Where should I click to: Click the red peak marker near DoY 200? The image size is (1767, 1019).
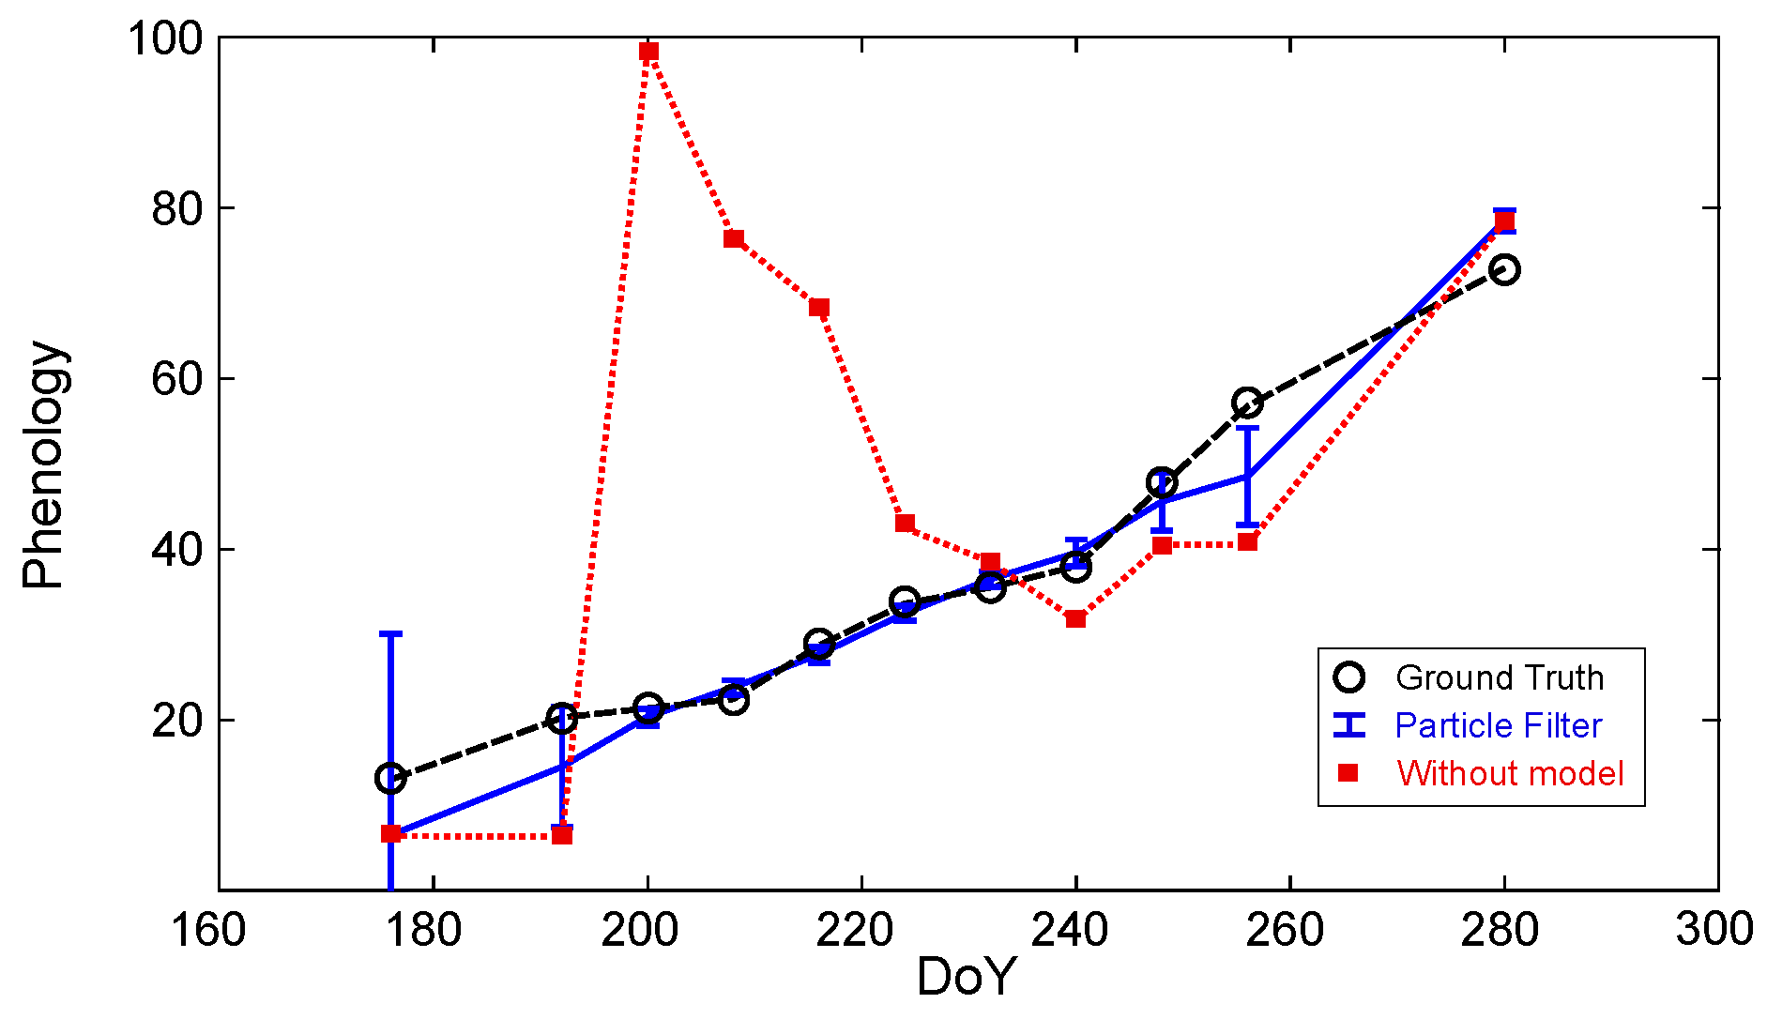pos(648,52)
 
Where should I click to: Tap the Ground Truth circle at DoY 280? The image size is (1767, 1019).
pos(1504,270)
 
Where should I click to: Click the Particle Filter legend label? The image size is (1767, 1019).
pos(1498,725)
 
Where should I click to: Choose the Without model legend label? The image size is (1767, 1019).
pos(1509,773)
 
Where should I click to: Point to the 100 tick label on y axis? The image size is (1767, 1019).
pos(165,39)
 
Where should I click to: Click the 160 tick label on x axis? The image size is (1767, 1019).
pos(207,930)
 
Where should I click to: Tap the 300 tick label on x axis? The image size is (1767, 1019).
pos(1715,930)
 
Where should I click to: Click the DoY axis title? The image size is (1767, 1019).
pos(966,977)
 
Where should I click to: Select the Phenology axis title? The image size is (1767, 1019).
pos(43,464)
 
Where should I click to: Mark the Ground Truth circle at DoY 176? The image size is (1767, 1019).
pos(390,778)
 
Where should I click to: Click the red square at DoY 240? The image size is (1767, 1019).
pos(1075,619)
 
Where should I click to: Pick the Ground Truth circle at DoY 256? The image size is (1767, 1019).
pos(1247,403)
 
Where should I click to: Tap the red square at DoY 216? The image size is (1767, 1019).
pos(819,308)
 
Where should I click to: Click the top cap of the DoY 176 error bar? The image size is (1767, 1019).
pos(390,634)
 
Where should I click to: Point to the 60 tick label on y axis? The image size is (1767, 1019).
pos(177,379)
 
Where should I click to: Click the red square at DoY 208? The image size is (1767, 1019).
pos(734,239)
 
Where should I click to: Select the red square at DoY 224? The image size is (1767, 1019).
pos(905,524)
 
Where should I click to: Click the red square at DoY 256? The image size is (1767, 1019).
pos(1247,542)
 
